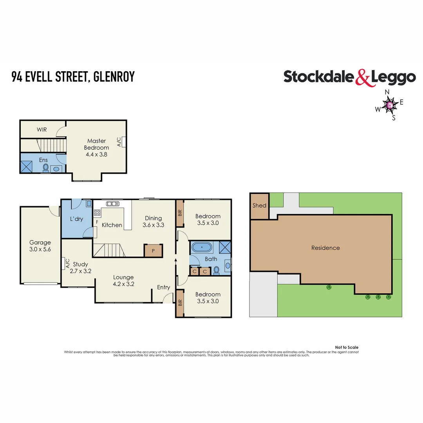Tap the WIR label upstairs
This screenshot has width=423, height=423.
42,129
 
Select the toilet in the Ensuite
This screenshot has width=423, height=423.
45,168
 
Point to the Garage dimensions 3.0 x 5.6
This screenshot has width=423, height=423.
40,249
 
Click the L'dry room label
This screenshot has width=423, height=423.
76,219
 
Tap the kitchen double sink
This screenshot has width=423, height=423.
113,204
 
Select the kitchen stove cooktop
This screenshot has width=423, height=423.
97,213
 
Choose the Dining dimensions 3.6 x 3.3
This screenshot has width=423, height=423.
153,225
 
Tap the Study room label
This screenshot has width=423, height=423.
80,264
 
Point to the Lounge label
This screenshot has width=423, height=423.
123,277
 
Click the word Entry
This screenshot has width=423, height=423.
163,287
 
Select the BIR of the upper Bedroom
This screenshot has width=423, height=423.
179,213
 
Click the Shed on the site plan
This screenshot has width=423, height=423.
259,206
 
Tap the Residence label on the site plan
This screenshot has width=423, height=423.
325,248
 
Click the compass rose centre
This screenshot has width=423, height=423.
390,105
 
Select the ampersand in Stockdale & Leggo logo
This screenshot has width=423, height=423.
363,77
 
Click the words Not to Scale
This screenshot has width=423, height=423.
347,347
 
